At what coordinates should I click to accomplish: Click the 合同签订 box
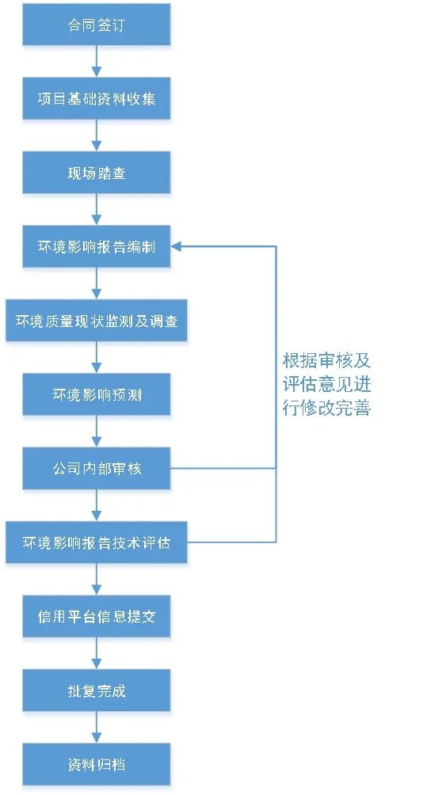coord(97,25)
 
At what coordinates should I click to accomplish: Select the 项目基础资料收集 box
coord(97,98)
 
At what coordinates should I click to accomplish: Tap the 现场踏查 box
coord(97,173)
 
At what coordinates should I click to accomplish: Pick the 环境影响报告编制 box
coord(97,247)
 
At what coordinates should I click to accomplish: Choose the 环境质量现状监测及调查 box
coord(97,321)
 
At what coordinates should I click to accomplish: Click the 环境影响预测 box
coord(97,394)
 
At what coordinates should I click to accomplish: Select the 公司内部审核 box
coord(97,469)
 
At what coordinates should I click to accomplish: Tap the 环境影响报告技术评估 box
coord(97,542)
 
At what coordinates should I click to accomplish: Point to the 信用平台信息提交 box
coord(97,617)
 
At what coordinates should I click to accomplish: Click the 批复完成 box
coord(97,690)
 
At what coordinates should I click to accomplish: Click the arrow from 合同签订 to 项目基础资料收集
coord(97,61)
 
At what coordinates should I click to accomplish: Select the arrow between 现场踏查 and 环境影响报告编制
coord(97,209)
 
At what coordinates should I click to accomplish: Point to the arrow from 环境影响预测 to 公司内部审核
coord(97,432)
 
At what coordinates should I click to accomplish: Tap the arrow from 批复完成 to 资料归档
coord(97,728)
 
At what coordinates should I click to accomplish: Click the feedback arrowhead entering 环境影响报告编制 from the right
coord(176,247)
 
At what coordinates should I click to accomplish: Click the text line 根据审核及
coord(327,361)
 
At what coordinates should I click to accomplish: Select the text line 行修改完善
coord(327,408)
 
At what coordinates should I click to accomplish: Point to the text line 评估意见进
coord(327,384)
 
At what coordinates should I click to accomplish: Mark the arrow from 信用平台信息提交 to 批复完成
coord(97,653)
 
